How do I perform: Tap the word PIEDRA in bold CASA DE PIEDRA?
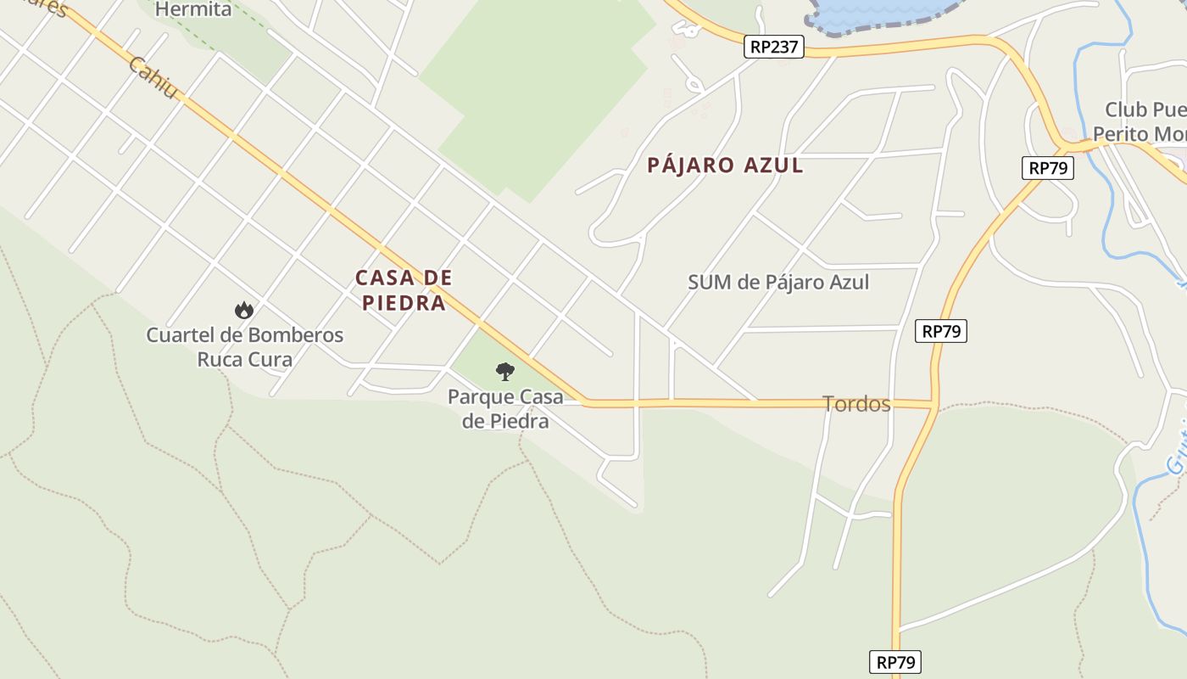404,303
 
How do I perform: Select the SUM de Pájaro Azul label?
778,282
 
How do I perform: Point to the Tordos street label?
856,404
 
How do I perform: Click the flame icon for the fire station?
244,310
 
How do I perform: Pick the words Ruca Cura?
244,359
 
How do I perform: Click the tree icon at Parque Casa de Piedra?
504,371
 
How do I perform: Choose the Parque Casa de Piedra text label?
505,408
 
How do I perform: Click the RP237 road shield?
773,47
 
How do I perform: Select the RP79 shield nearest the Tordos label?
941,331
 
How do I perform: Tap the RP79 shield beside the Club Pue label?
1048,168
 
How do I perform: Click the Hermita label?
193,9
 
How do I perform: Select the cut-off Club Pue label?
1145,109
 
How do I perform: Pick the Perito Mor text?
1140,134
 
